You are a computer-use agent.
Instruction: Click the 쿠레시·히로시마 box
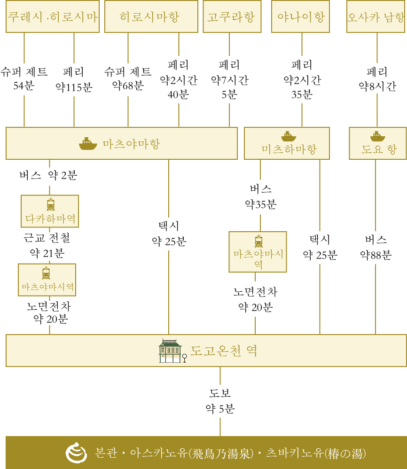(x=53, y=16)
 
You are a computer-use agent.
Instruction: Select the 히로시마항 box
(x=151, y=16)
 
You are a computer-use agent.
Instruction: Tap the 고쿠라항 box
(x=232, y=16)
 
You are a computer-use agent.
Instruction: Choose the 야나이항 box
(x=300, y=16)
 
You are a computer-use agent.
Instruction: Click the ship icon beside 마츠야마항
(x=88, y=144)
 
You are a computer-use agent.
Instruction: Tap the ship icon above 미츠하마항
(x=289, y=136)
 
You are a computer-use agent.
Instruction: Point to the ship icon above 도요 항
(x=378, y=136)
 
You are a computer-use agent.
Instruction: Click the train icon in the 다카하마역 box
(x=51, y=204)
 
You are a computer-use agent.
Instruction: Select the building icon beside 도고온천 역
(x=171, y=351)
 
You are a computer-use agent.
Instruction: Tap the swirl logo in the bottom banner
(x=76, y=453)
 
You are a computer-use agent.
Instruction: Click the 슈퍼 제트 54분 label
(x=24, y=78)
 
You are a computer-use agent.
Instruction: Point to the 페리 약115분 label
(x=74, y=79)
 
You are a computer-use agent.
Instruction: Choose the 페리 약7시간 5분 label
(x=229, y=79)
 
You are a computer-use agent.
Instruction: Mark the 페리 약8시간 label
(x=377, y=79)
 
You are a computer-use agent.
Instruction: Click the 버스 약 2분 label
(x=48, y=175)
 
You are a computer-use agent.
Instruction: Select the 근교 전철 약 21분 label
(x=47, y=246)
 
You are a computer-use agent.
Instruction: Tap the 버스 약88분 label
(x=376, y=247)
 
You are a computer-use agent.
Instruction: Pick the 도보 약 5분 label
(x=220, y=401)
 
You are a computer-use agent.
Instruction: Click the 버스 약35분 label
(x=260, y=197)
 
